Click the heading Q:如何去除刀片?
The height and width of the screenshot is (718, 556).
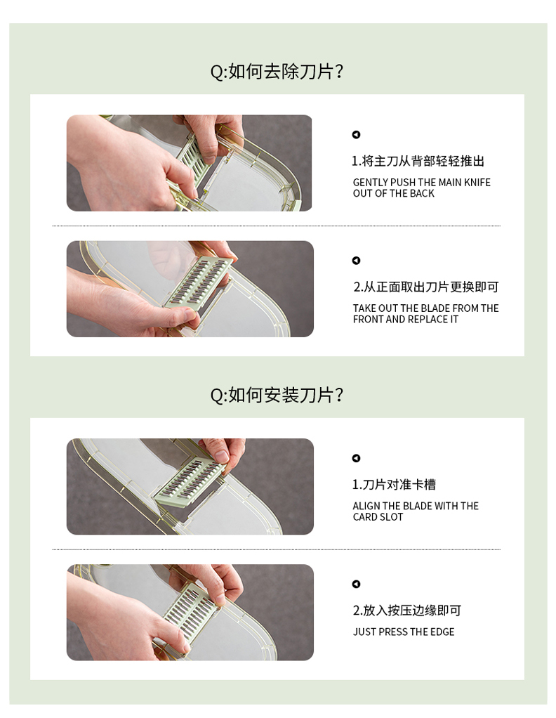277,72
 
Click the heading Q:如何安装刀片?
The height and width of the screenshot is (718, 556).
277,395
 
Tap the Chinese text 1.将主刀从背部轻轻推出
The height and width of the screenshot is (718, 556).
418,161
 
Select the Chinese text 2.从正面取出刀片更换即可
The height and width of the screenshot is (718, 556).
425,287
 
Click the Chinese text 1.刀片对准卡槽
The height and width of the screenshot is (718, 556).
394,485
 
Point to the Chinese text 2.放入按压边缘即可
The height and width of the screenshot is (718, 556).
406,611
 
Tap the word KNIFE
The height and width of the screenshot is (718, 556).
477,182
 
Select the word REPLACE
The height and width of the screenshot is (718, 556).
424,319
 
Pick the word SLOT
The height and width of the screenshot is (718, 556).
391,517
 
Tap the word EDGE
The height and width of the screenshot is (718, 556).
442,632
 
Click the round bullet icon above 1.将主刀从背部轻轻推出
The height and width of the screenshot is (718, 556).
356,135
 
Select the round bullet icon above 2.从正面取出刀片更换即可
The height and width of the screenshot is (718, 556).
356,261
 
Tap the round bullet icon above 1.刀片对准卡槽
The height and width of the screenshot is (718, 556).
356,458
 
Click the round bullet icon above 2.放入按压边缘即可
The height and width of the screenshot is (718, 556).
356,585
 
